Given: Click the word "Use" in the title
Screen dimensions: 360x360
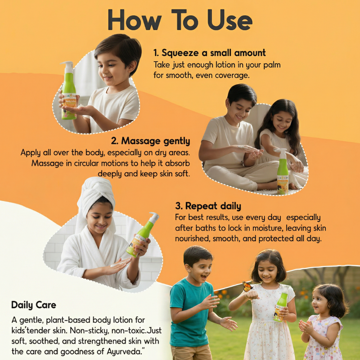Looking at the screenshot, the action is pos(230,20).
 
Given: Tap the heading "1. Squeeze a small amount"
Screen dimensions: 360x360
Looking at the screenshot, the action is pos(209,53).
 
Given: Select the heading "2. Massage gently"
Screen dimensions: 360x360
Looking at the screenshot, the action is pos(151,141).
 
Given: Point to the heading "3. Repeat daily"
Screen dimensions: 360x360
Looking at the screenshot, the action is pos(208,206).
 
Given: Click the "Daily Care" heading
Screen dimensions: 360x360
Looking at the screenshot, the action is pos(34,305).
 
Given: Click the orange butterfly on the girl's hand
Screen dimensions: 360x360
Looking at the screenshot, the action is pos(247,287).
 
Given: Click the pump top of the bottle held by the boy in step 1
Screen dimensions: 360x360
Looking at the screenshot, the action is pos(67,67).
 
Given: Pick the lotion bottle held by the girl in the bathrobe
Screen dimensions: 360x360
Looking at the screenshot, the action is pos(143,234).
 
